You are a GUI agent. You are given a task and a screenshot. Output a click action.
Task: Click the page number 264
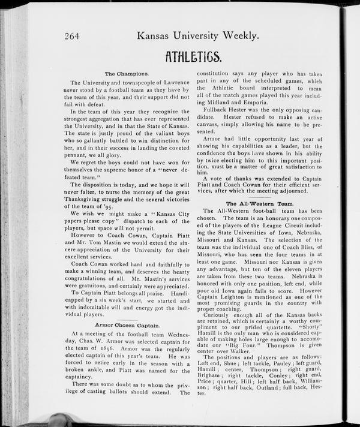(74, 36)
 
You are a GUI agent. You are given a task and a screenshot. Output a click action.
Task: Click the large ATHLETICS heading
(193, 58)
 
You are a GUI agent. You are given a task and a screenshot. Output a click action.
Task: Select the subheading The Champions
(126, 74)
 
